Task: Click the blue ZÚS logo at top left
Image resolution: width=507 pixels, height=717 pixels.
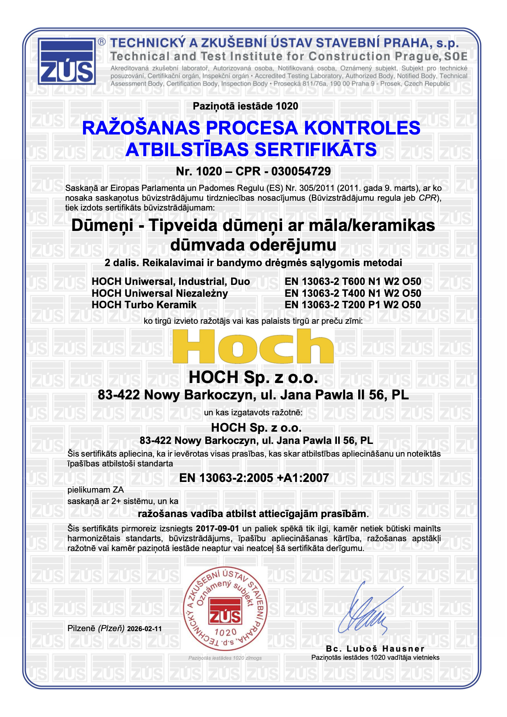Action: pyautogui.click(x=67, y=61)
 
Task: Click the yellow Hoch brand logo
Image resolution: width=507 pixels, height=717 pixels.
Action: pyautogui.click(x=253, y=347)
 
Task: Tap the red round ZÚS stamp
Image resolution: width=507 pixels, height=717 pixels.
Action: pyautogui.click(x=225, y=609)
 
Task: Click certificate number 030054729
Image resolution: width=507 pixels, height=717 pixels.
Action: pyautogui.click(x=301, y=171)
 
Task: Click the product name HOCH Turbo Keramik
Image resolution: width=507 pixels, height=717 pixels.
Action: pyautogui.click(x=144, y=305)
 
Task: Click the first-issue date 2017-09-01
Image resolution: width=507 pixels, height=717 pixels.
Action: pyautogui.click(x=218, y=529)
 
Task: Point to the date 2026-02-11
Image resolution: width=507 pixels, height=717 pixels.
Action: pyautogui.click(x=144, y=629)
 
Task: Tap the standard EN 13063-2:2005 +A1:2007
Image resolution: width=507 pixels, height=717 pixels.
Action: pyautogui.click(x=254, y=478)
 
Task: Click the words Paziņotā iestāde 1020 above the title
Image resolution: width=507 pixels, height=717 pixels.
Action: pyautogui.click(x=245, y=106)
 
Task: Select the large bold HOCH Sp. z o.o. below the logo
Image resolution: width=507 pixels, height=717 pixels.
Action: pyautogui.click(x=253, y=377)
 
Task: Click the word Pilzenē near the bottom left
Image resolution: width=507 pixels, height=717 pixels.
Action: pyautogui.click(x=81, y=628)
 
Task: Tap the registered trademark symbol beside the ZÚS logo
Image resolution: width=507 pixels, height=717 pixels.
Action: pyautogui.click(x=102, y=42)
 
